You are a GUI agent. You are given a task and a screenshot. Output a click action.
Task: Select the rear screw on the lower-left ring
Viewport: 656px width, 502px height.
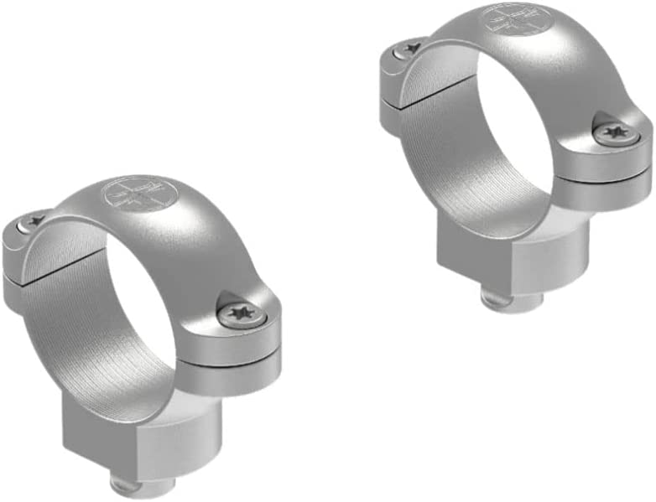pos(34,220)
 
